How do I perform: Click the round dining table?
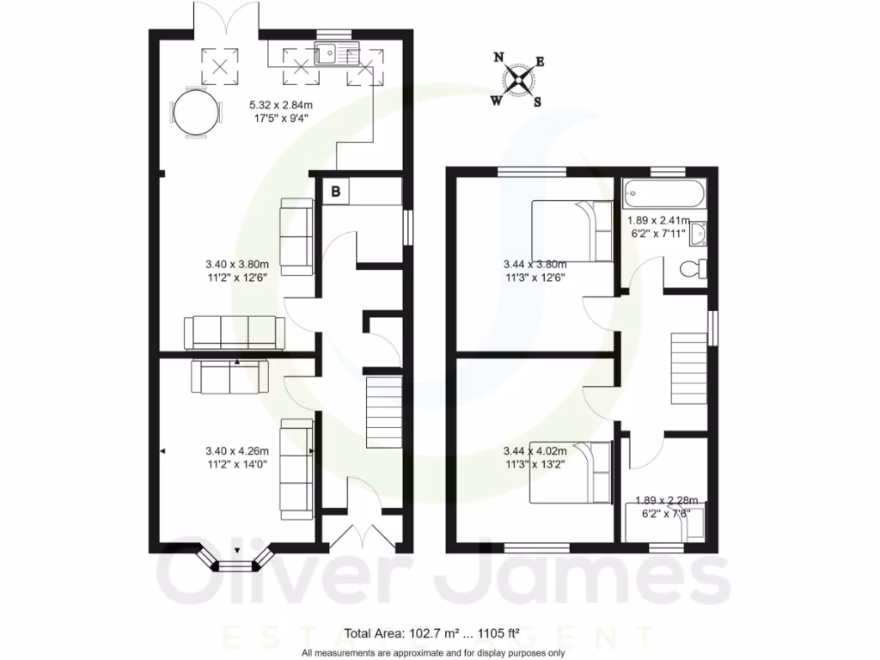(x=195, y=113)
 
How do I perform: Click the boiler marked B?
(x=336, y=192)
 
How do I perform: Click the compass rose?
(x=518, y=80)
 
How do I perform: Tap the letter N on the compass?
(x=498, y=58)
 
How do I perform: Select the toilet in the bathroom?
(x=692, y=269)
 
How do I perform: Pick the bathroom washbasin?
(x=699, y=233)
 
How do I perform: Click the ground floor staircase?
(x=384, y=413)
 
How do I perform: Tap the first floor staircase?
(x=688, y=368)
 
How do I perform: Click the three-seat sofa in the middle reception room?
(x=234, y=332)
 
